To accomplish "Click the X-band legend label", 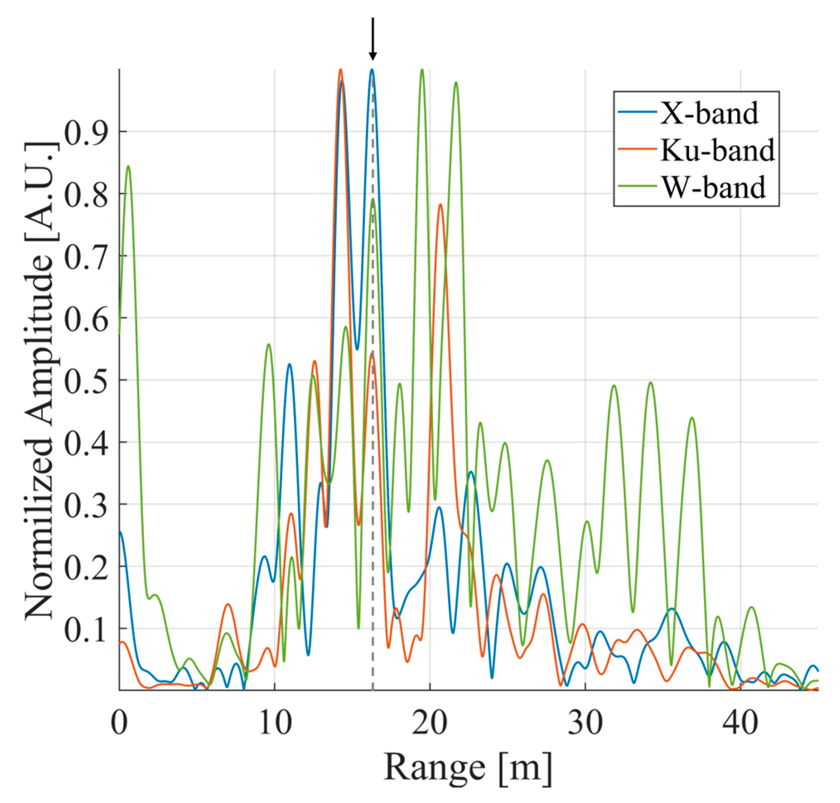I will click(x=708, y=114).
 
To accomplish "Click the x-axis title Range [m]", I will click(x=468, y=768).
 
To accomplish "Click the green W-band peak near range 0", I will click(x=128, y=167).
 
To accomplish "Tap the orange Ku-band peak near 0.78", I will click(x=440, y=205).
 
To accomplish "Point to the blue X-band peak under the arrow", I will click(x=372, y=70).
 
